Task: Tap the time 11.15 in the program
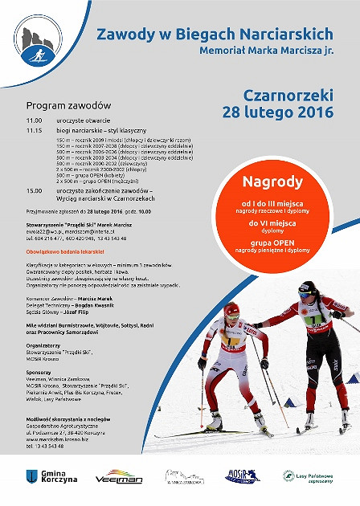point(33,129)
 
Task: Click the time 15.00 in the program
point(33,190)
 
